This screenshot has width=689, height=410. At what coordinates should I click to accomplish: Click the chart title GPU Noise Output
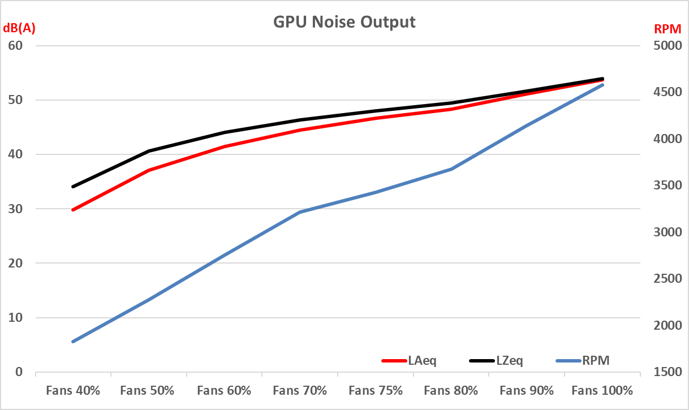point(344,22)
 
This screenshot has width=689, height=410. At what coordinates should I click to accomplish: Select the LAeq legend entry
point(421,360)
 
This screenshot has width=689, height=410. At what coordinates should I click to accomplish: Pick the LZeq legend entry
point(509,360)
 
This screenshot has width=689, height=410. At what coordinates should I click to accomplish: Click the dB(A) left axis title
point(19,29)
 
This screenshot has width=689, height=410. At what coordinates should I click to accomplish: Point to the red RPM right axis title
point(668,29)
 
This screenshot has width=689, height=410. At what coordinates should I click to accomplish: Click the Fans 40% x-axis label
point(74,390)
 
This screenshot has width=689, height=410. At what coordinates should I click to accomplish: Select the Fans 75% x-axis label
point(376,390)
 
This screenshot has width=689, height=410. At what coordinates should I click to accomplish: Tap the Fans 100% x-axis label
point(602,390)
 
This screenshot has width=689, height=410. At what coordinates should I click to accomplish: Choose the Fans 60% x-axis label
point(225,390)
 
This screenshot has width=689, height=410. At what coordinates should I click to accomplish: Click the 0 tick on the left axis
point(19,372)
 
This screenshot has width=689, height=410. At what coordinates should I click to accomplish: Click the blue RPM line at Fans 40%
point(74,342)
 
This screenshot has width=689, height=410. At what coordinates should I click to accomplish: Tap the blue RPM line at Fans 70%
point(300,212)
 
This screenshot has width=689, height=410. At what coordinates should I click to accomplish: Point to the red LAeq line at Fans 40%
point(74,210)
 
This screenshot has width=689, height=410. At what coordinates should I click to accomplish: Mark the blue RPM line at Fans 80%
point(451,169)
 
